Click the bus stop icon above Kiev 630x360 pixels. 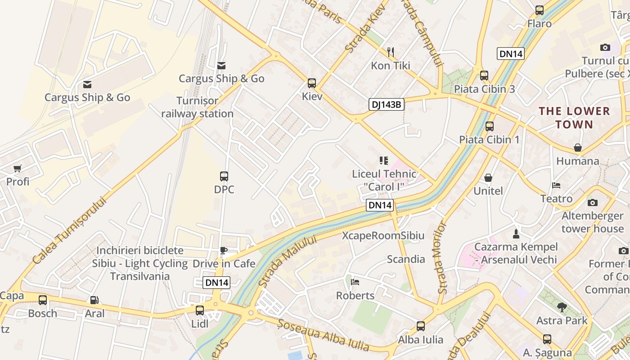(312, 83)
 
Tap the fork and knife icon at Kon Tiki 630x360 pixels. (391, 52)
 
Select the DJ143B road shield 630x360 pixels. (386, 105)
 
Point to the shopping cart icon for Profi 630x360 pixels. (18, 169)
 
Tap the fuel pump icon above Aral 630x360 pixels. (94, 300)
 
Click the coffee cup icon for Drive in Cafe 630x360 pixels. (224, 251)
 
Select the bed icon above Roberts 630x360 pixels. (355, 283)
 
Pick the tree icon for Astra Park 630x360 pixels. (562, 307)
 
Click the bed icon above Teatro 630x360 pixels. (556, 185)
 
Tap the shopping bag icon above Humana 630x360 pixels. (578, 148)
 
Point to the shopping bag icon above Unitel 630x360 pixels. (488, 178)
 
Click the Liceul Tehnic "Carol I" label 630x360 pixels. (384, 180)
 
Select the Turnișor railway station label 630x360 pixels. (198, 107)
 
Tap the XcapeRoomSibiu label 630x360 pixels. (383, 235)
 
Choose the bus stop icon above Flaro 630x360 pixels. (539, 10)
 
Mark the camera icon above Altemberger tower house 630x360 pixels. (593, 202)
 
